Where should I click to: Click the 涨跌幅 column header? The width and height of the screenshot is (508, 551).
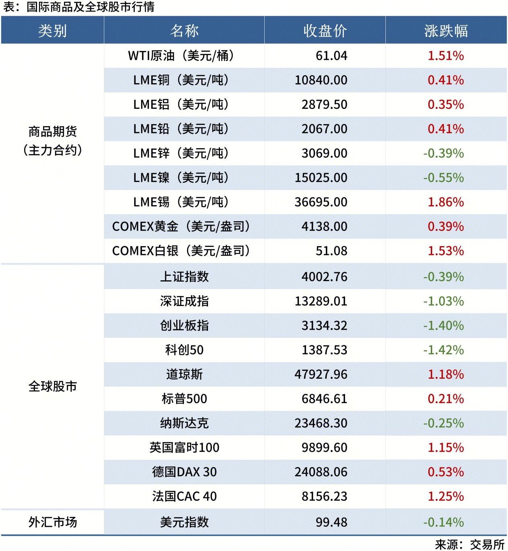(x=446, y=31)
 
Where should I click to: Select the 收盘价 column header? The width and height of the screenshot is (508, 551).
(x=325, y=31)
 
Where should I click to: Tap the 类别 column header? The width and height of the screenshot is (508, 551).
(x=52, y=31)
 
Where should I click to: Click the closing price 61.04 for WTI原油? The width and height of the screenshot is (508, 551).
(x=331, y=56)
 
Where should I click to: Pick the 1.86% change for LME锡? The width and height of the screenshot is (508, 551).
(x=446, y=202)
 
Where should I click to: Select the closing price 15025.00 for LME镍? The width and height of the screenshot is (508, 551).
(x=321, y=178)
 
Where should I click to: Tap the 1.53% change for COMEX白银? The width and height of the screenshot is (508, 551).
(x=446, y=251)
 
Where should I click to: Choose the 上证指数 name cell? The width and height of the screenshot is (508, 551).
(x=184, y=277)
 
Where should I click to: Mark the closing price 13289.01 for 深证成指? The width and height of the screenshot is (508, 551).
(x=321, y=301)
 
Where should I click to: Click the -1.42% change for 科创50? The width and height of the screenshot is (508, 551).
(x=444, y=350)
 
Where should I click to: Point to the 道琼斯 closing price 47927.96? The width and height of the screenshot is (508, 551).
(x=321, y=374)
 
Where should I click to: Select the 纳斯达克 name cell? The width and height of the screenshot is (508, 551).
(x=184, y=423)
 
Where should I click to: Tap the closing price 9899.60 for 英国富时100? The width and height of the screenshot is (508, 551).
(x=324, y=447)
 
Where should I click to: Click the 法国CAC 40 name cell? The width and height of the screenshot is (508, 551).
(x=184, y=496)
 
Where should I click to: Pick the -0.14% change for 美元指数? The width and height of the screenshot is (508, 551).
(x=444, y=522)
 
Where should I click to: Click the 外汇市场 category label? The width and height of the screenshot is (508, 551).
(x=52, y=522)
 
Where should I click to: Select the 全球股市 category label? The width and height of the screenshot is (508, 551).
(x=52, y=386)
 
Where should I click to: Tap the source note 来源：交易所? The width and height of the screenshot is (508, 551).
(x=469, y=545)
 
